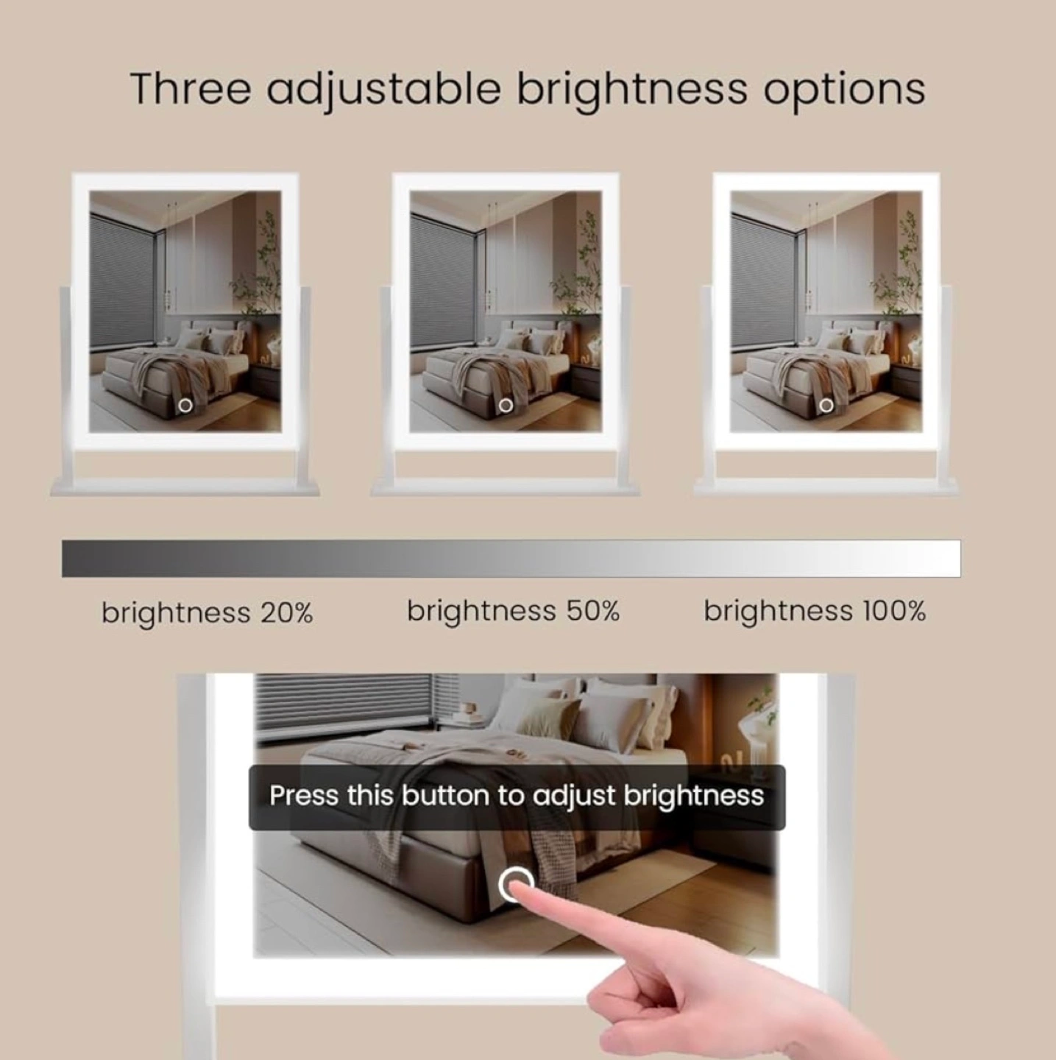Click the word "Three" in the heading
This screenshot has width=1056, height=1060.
point(191,88)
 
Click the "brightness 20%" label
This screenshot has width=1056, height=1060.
point(208,612)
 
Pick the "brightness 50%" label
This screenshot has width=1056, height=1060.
point(513,612)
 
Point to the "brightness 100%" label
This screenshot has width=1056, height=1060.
point(815,612)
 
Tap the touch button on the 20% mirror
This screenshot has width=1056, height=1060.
point(186,406)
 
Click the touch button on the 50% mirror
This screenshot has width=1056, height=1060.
point(506,406)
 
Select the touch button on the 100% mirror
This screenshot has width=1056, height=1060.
point(826,406)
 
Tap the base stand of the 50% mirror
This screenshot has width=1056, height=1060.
point(505,487)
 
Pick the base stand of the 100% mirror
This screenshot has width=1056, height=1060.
point(826,487)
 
